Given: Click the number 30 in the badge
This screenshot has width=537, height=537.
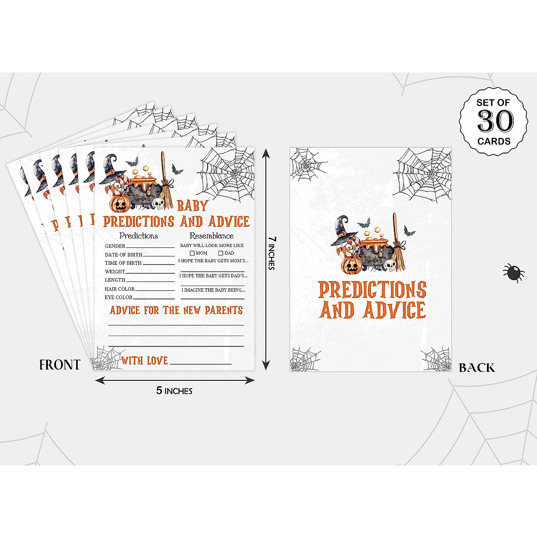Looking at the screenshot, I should (x=495, y=121).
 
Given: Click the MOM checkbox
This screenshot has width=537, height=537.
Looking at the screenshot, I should (x=192, y=253).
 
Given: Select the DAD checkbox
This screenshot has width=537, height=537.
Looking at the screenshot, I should (x=221, y=253).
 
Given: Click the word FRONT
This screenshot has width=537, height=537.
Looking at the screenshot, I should (x=60, y=365).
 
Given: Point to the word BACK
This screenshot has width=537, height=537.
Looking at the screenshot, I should (x=477, y=368).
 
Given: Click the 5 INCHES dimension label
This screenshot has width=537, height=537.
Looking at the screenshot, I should (x=174, y=391).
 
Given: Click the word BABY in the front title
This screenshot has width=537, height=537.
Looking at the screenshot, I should (x=193, y=206).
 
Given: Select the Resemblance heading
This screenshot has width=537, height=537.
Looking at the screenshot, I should (x=211, y=236).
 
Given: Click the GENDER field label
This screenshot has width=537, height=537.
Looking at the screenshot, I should (x=115, y=246).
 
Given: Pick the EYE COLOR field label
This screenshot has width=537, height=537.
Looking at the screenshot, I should (x=119, y=297).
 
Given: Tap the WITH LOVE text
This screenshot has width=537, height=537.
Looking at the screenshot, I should (x=145, y=361).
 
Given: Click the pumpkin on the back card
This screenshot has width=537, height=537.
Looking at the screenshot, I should (x=351, y=265).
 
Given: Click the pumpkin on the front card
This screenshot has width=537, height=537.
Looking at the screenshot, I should (x=119, y=204).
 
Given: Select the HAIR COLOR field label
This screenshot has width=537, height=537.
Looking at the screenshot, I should (x=119, y=289).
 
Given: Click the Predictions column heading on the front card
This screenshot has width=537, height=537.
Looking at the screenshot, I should (x=138, y=236).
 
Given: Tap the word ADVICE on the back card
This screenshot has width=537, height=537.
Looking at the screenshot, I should (x=394, y=310).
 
